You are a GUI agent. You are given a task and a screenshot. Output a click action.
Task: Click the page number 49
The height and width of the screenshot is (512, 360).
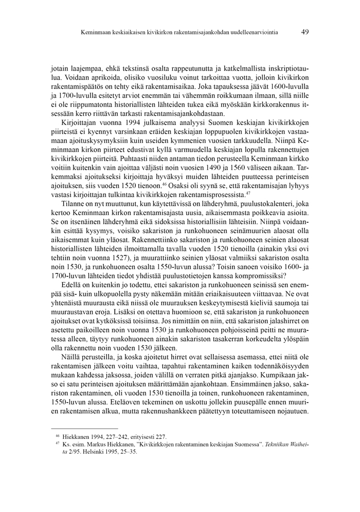click(305, 32)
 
